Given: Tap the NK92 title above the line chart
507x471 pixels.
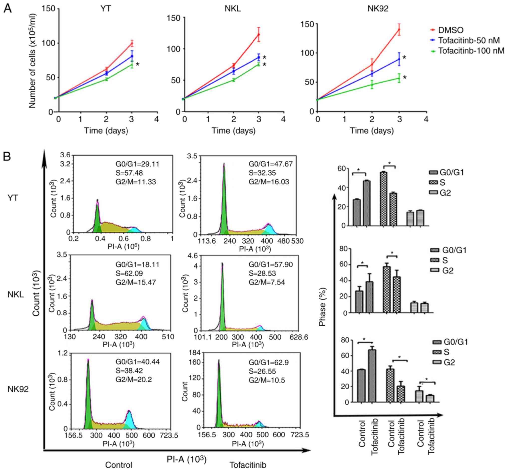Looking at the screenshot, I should pyautogui.click(x=378, y=9).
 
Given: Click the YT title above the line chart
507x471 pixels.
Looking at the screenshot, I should pyautogui.click(x=106, y=9).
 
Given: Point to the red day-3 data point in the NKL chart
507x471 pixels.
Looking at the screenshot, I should pyautogui.click(x=259, y=35).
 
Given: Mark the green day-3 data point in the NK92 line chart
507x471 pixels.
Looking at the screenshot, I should pyautogui.click(x=399, y=78).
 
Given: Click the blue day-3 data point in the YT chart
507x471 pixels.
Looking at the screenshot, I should pyautogui.click(x=132, y=56).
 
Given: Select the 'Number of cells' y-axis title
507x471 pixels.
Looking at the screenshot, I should pyautogui.click(x=33, y=61).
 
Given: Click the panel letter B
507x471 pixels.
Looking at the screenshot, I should pyautogui.click(x=7, y=157).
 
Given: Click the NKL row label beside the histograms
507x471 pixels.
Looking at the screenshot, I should pyautogui.click(x=16, y=295).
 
